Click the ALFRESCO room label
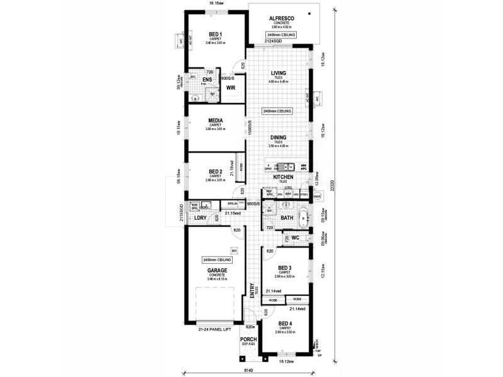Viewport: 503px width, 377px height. pos(279,18)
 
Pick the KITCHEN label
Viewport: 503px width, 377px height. pos(284,177)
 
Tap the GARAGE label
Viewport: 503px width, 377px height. pos(217,271)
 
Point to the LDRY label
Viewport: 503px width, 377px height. pos(201,218)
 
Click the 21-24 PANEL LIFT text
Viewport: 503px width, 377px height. pos(216,327)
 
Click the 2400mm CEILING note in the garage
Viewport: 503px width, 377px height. pos(218,260)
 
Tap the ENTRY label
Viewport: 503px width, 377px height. pos(253,293)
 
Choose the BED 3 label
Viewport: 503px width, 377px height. pos(287,267)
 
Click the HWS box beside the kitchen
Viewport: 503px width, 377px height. pos(317,196)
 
